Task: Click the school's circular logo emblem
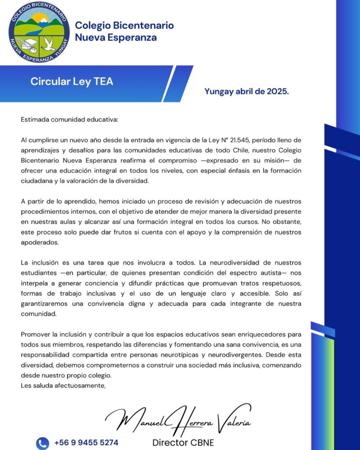pos(39,31)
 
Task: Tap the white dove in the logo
pos(48,43)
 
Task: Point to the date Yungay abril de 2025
pos(246,91)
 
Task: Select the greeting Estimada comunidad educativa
pos(69,119)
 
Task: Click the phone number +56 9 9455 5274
pos(86,443)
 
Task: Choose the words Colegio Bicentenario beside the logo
pos(124,25)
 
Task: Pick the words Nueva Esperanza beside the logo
pos(116,37)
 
